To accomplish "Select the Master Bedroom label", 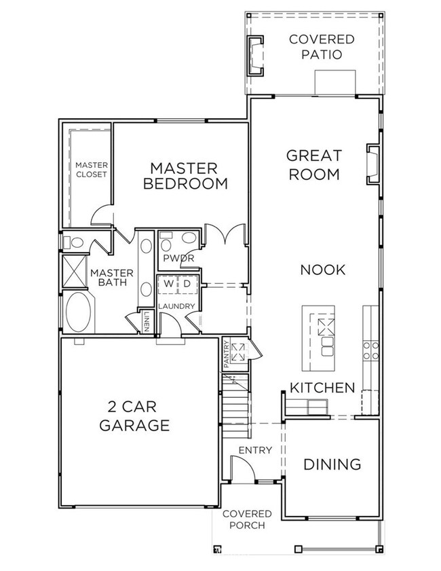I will [183, 175].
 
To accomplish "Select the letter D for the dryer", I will [187, 282].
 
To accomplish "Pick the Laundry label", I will [177, 306].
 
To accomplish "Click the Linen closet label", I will [147, 322].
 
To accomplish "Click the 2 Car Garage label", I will [134, 416].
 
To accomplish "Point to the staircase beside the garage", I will [235, 401].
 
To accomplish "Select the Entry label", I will [255, 450].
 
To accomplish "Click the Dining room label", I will [332, 465].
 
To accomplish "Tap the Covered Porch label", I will [247, 519].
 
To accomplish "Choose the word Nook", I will [323, 270].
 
